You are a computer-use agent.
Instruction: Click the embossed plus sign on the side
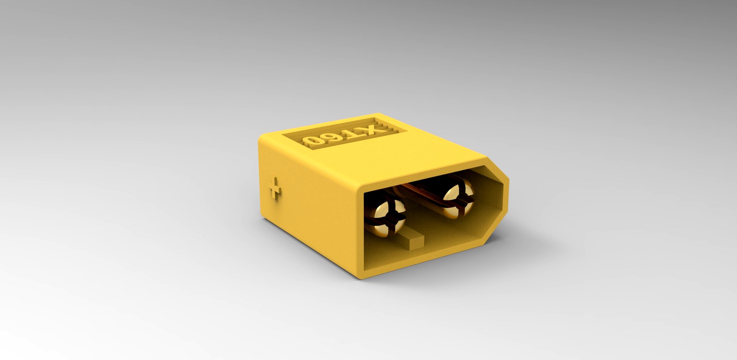click(274, 188)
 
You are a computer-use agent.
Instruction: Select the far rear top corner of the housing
click(378, 114)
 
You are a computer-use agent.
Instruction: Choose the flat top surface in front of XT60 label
click(384, 157)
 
